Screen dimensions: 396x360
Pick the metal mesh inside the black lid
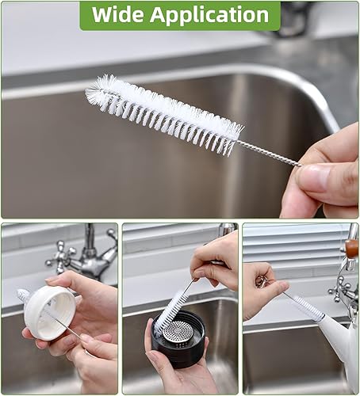[x=182, y=332]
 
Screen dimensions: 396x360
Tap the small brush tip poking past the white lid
[x=23, y=295]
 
